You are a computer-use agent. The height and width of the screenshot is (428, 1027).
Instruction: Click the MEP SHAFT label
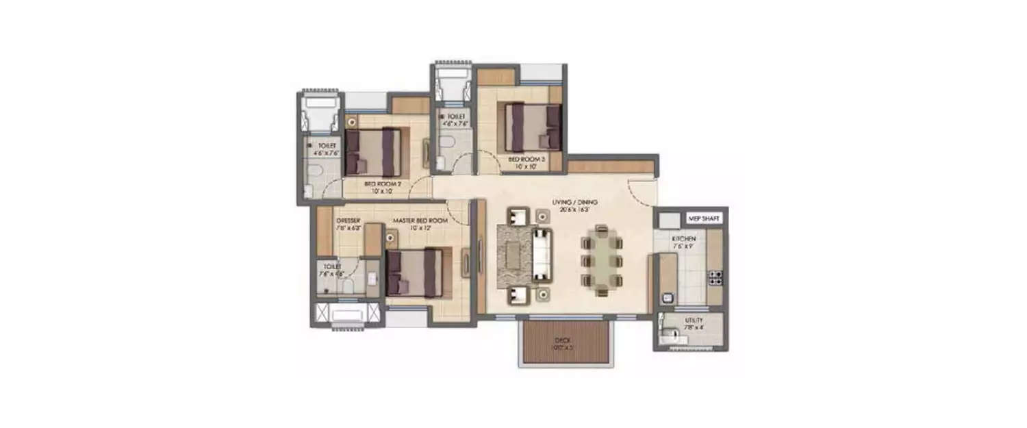click(x=703, y=218)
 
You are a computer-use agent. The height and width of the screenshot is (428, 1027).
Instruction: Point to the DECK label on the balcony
click(x=564, y=343)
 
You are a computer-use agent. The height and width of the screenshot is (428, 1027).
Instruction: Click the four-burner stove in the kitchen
click(x=715, y=277)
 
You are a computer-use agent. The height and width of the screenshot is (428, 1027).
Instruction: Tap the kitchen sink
click(x=668, y=298)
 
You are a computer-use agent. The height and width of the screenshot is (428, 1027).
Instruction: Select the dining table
click(x=603, y=260)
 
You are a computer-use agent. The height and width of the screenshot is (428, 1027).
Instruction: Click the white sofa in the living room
click(x=542, y=253)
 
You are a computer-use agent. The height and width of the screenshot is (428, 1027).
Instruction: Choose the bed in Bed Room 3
click(x=532, y=127)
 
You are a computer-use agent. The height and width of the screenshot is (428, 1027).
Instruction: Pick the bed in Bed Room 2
click(x=372, y=152)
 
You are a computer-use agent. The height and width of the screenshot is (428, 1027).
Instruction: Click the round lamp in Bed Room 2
click(x=352, y=122)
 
